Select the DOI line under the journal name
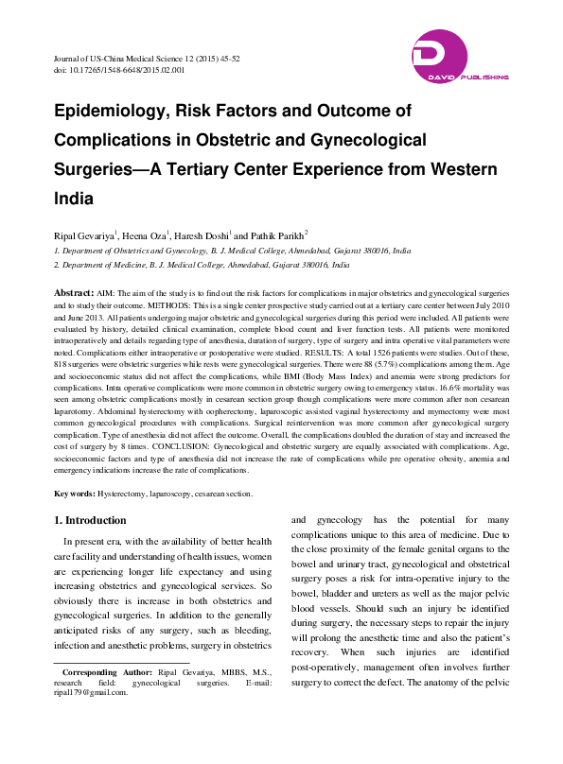[119, 70]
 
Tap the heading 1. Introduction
[90, 521]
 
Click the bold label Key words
[74, 494]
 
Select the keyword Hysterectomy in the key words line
[126, 494]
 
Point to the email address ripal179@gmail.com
[91, 719]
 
